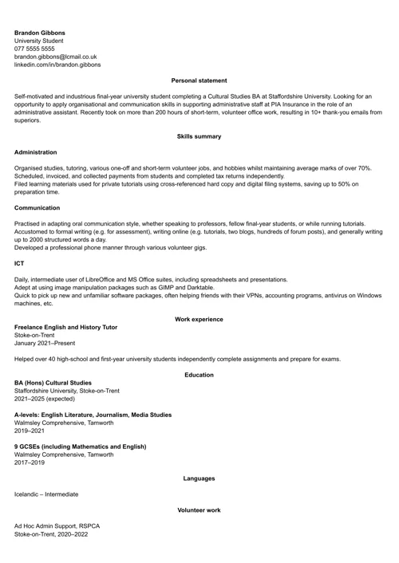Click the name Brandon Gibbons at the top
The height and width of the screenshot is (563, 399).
click(x=40, y=33)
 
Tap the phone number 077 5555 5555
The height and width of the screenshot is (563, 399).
click(x=34, y=49)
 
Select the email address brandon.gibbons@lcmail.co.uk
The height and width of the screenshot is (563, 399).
click(x=55, y=57)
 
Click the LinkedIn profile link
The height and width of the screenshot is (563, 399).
click(x=57, y=65)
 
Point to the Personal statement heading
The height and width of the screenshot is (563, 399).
click(x=199, y=81)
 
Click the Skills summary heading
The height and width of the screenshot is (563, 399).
click(x=199, y=136)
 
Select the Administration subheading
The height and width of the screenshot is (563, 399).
click(x=36, y=152)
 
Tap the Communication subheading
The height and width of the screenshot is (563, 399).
click(x=37, y=207)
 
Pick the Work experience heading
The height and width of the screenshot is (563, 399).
click(x=199, y=319)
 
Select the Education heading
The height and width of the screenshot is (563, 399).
click(x=199, y=375)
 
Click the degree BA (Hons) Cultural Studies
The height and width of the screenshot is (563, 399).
click(x=53, y=383)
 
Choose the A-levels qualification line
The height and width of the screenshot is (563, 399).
click(x=93, y=415)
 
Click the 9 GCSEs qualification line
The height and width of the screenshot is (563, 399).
click(x=80, y=447)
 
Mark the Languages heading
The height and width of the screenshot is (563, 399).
click(x=199, y=478)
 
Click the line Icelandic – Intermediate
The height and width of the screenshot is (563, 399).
click(x=46, y=494)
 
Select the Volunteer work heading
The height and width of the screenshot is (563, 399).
click(x=199, y=510)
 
